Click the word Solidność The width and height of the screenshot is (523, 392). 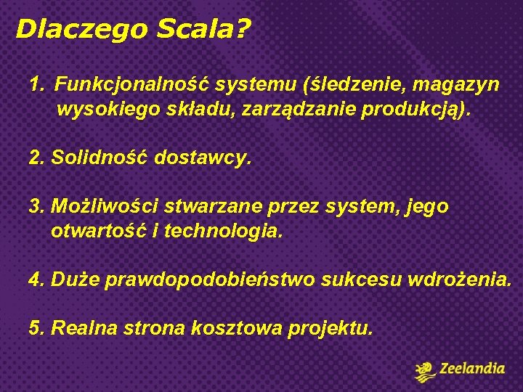click(100, 158)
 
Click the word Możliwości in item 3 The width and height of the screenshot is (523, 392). click(105, 206)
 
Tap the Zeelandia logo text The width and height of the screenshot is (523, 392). click(471, 369)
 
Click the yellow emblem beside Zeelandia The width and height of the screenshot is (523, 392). click(425, 371)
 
